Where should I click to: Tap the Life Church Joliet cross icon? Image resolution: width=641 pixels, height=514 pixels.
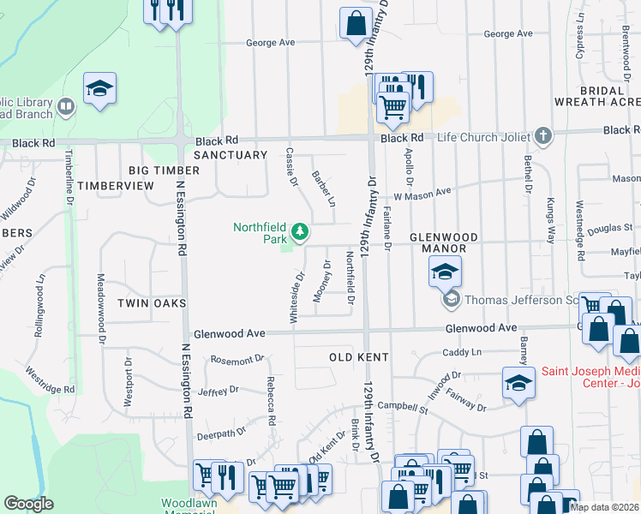click(542, 136)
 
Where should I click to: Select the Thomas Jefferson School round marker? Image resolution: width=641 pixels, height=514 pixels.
click(450, 300)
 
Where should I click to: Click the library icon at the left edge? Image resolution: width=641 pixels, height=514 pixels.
click(66, 107)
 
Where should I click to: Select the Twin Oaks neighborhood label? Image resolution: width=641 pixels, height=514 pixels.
click(152, 303)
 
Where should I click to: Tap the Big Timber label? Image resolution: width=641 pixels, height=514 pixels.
click(164, 170)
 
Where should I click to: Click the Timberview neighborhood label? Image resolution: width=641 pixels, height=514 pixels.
click(115, 186)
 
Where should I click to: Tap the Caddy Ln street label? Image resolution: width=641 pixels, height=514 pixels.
click(463, 352)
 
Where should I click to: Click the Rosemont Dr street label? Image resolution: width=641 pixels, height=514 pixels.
click(234, 361)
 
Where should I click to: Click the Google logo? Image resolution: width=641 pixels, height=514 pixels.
click(28, 504)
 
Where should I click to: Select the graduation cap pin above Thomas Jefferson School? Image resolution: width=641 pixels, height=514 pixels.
click(445, 272)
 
